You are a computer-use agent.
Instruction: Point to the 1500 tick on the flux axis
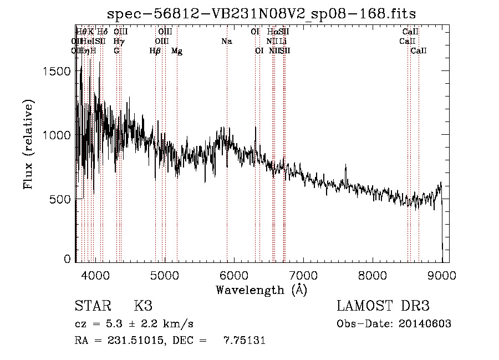57,71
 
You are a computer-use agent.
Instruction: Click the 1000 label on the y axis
57,135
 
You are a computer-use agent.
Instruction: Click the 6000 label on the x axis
234,275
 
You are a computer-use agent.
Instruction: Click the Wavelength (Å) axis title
261,289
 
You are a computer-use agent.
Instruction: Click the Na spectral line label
226,41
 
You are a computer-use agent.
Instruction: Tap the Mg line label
177,51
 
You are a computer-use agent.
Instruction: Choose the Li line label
283,41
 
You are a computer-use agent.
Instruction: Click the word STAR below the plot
92,306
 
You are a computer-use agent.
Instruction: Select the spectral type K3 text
143,306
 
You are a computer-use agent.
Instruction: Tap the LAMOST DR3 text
383,306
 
